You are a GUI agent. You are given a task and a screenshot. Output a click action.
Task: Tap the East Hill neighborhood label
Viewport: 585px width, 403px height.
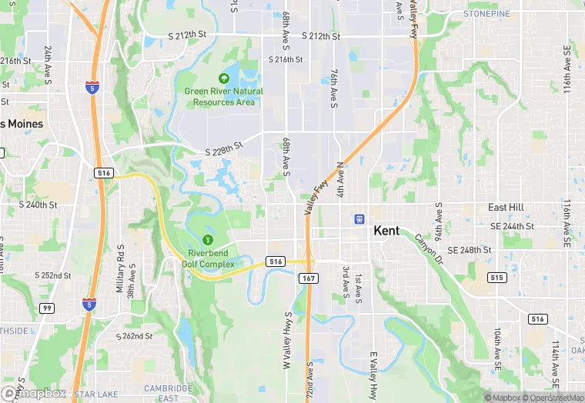point(506,208)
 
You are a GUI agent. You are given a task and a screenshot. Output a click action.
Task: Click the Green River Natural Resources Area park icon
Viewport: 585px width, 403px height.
point(223,78)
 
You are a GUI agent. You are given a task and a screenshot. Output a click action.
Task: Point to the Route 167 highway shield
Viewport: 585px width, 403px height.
point(307,278)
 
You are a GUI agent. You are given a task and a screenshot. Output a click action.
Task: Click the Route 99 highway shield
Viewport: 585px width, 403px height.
point(46,308)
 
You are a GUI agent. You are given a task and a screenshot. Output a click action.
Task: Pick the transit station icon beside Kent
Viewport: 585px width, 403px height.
point(359,218)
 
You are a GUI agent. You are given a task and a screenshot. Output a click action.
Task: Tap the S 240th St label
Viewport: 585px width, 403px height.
point(38,205)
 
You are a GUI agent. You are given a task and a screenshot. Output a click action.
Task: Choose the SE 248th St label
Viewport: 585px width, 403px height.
point(469,251)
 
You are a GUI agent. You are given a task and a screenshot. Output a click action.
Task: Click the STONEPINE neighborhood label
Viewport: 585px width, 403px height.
point(487,14)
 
